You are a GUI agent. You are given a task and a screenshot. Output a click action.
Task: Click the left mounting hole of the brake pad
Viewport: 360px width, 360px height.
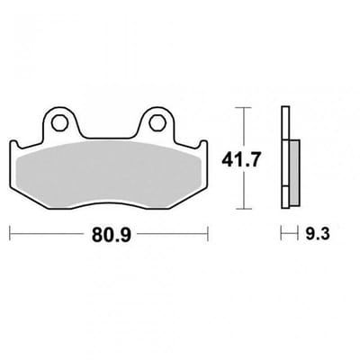pyautogui.click(x=59, y=122)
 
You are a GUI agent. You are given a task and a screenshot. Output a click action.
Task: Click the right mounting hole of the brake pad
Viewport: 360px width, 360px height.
pyautogui.click(x=157, y=122)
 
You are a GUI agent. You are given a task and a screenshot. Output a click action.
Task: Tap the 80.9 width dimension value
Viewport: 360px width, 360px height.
pyautogui.click(x=112, y=235)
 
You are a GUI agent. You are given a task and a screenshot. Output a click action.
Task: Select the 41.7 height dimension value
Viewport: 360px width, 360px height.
pyautogui.click(x=240, y=159)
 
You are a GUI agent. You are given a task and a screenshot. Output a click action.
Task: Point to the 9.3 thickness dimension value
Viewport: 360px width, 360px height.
pyautogui.click(x=318, y=233)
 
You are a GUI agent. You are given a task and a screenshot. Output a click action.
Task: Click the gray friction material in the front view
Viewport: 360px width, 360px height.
pyautogui.click(x=110, y=174)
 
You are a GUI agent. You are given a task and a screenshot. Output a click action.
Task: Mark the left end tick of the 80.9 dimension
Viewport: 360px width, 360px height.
pyautogui.click(x=11, y=233)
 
